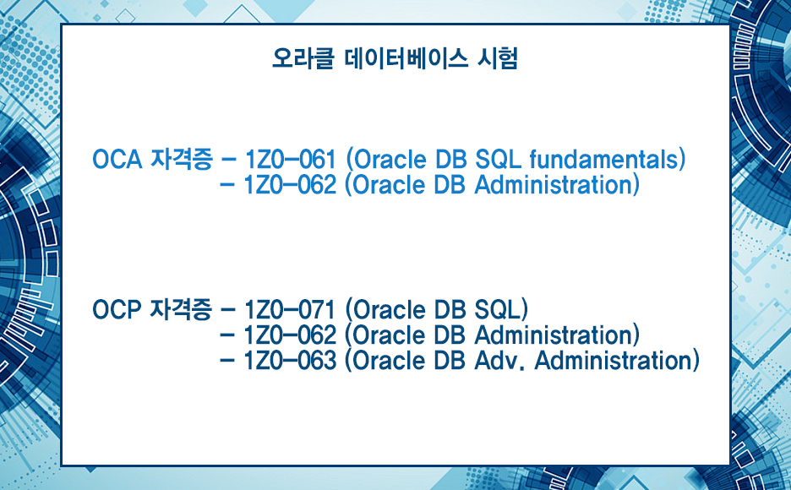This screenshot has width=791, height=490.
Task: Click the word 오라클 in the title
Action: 303,58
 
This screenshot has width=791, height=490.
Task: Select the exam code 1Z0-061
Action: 291,160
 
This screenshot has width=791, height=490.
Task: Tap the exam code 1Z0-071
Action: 290,309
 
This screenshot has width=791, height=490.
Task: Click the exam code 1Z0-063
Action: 290,361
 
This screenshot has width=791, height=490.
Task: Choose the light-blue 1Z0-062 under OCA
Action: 290,185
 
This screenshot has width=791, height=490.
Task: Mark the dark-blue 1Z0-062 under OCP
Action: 290,335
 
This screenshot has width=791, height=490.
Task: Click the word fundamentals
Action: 603,160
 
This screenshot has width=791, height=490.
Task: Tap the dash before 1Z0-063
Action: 228,361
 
